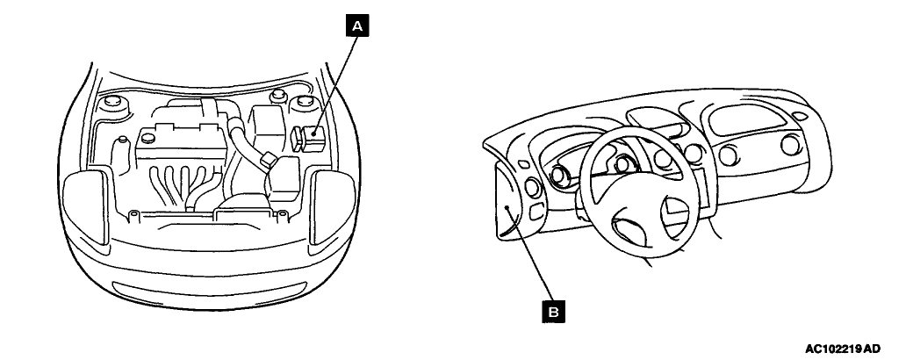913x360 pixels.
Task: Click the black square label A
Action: tap(356, 27)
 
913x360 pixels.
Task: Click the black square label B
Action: tap(554, 309)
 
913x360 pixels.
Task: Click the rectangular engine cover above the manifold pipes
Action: tap(175, 146)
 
